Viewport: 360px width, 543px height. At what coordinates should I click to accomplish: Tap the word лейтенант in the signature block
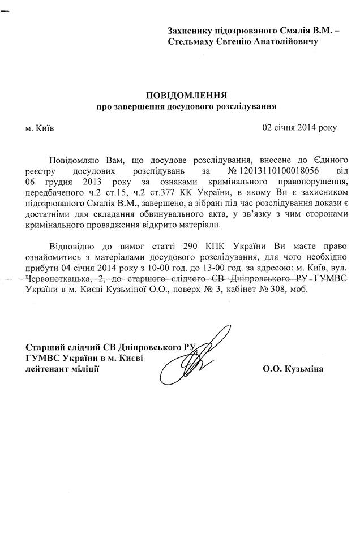pyautogui.click(x=45, y=369)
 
